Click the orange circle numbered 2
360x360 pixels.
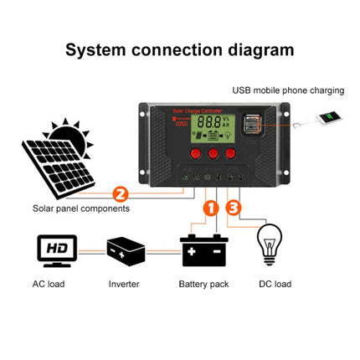(x=120, y=194)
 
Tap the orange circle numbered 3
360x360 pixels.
(x=234, y=207)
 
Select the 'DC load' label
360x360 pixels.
(x=271, y=284)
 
